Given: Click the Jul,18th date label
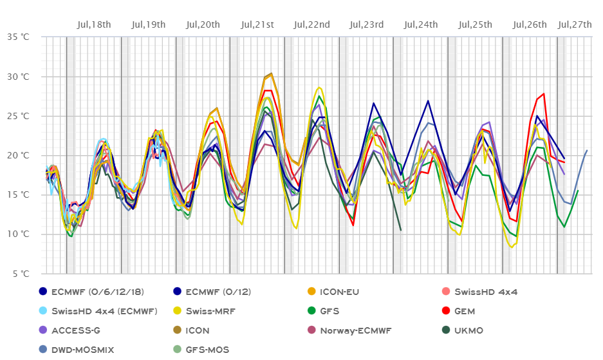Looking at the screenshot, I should (93, 24).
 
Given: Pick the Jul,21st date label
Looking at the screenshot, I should (257, 24).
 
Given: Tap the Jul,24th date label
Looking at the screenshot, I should (421, 24).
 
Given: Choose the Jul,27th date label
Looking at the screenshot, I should (575, 24).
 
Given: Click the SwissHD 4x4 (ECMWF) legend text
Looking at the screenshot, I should (104, 311).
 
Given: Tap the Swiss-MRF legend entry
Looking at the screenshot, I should (212, 311).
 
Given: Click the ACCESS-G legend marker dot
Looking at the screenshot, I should (42, 330).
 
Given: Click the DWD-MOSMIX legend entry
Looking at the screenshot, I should (80, 350).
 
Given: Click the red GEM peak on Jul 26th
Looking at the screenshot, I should (544, 94).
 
